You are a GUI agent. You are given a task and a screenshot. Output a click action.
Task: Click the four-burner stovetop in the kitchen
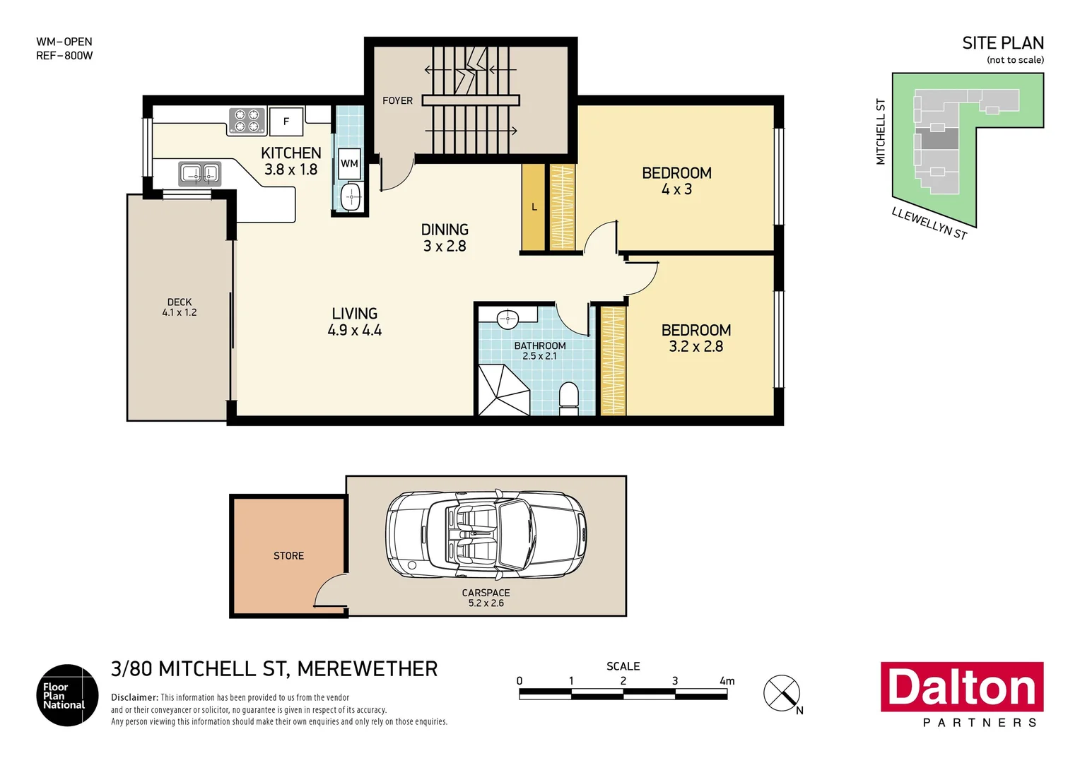(x=247, y=121)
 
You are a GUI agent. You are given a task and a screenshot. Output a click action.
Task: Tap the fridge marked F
(x=286, y=122)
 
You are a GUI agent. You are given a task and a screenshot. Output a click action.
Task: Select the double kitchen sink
(x=200, y=172)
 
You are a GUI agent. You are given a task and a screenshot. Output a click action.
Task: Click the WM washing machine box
(x=349, y=163)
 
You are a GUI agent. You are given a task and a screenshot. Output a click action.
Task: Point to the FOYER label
(x=397, y=101)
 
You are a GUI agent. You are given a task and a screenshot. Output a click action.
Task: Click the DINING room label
(x=445, y=230)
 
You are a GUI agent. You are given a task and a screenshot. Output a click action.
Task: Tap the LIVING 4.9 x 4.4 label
(x=354, y=321)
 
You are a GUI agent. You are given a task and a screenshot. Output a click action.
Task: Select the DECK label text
(x=180, y=302)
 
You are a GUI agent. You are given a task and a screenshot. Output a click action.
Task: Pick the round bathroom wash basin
(x=508, y=319)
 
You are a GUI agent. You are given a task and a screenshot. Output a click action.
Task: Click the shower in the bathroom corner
(x=503, y=391)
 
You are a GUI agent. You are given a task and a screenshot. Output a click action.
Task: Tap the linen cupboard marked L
(x=534, y=207)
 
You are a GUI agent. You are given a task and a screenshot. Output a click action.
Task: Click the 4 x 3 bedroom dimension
(x=676, y=189)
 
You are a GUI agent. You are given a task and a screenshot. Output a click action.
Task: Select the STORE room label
(x=288, y=556)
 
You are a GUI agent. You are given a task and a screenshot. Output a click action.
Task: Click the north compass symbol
(x=782, y=693)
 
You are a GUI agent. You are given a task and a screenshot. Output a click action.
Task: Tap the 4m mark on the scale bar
(x=727, y=682)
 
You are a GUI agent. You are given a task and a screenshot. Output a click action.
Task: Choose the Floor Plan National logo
(x=67, y=695)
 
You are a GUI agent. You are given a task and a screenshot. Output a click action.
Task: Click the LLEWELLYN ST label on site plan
(x=929, y=223)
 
